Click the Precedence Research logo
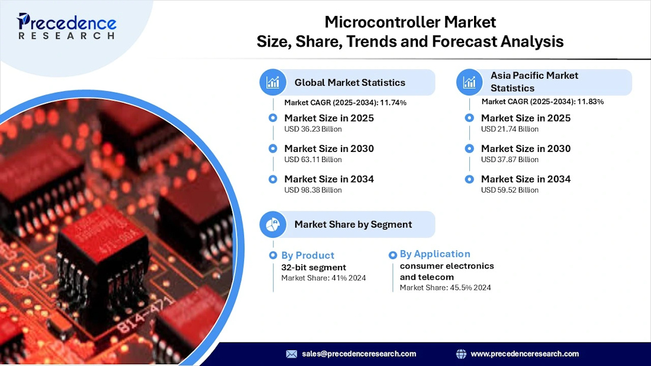66,27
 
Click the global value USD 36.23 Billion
313,129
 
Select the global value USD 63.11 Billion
313,160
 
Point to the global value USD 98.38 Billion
313,190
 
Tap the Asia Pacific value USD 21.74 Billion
510,129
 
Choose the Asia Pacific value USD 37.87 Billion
510,160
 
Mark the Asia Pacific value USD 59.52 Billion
510,190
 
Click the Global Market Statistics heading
350,83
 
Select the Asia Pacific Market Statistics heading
534,82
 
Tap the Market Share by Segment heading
353,224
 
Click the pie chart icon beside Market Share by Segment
273,224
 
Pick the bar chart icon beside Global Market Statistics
273,83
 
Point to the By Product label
308,255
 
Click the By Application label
435,254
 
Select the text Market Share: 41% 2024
324,278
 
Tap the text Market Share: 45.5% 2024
445,288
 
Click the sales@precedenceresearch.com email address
359,354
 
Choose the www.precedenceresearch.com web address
524,354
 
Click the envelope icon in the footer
292,354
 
